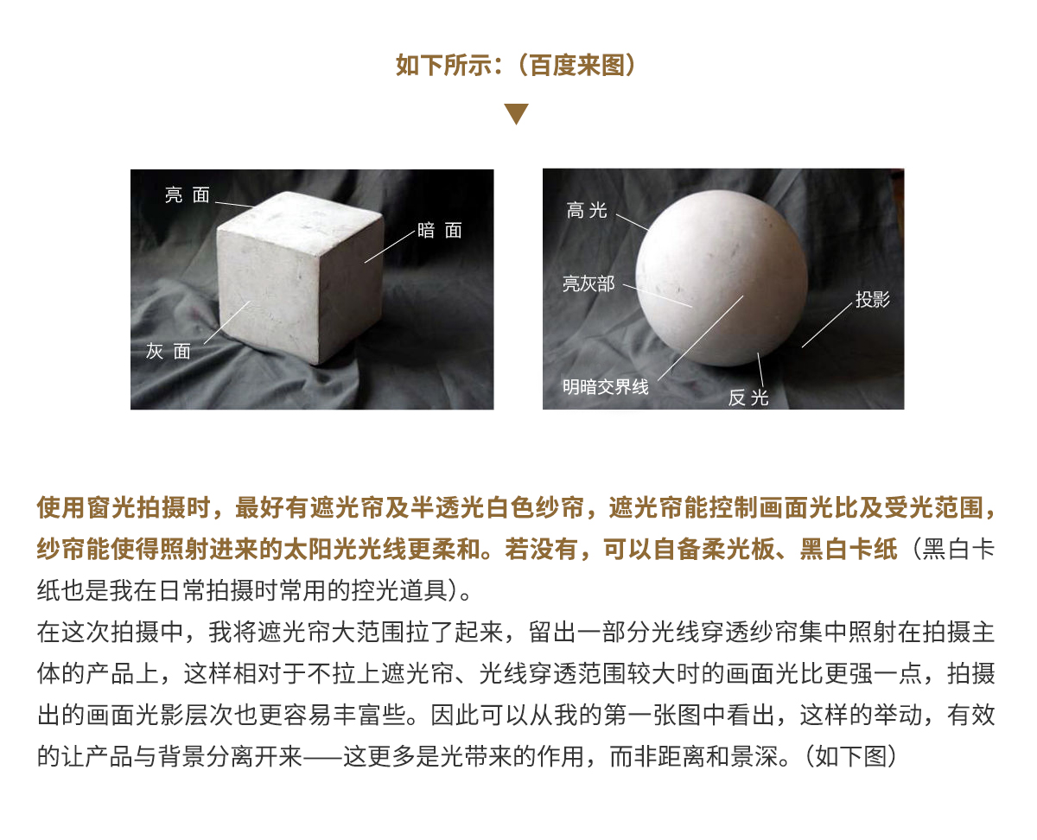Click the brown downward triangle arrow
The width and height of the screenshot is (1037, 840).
coord(516,113)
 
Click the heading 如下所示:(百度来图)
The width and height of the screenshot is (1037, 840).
coord(516,66)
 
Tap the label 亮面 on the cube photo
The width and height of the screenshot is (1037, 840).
coord(188,195)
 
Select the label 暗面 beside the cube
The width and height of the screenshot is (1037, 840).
coord(440,231)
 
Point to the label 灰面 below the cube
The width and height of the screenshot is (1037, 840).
coord(169,351)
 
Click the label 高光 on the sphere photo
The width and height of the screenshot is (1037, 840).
coord(587,210)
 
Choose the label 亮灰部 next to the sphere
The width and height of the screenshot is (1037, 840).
coord(588,283)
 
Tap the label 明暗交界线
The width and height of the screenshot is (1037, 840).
coord(606,387)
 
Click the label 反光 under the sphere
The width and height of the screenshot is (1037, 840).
coord(748,398)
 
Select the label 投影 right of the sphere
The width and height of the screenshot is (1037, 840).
coord(873,299)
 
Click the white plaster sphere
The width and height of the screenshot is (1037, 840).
coord(722,278)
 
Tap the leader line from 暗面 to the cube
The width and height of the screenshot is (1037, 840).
coord(390,247)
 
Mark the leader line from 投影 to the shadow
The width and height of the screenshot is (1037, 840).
coord(827,325)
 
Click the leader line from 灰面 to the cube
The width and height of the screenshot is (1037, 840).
coord(227,322)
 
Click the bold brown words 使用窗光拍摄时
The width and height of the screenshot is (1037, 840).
coord(123,508)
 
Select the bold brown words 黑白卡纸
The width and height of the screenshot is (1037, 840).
coord(848,550)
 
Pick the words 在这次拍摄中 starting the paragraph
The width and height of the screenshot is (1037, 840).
coord(111,633)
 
